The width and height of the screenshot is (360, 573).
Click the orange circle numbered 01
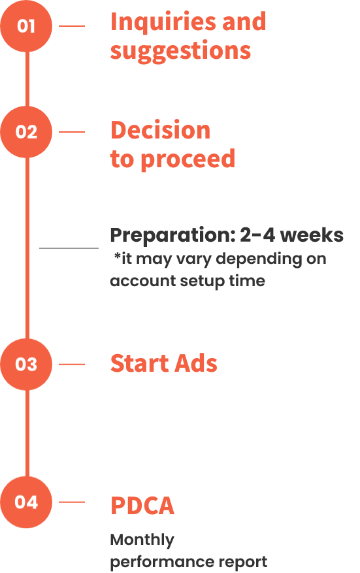coord(26,26)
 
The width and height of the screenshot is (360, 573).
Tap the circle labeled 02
coord(26,132)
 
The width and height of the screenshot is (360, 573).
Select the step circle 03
coord(26,365)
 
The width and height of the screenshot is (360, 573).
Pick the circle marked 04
coord(26,502)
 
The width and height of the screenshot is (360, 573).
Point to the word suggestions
coord(180,51)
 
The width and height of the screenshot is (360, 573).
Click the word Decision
coord(161,130)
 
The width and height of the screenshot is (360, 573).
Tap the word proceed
coord(188,159)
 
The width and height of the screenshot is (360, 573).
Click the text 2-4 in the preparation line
coord(257,235)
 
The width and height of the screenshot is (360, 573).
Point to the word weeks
coord(313,235)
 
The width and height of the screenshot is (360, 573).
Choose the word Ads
coord(195,363)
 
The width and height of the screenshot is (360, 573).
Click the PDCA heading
coord(142,506)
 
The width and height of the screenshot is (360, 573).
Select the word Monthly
coord(142,540)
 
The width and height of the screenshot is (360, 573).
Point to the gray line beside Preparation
coord(69,248)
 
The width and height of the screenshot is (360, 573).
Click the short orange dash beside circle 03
coord(72,365)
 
